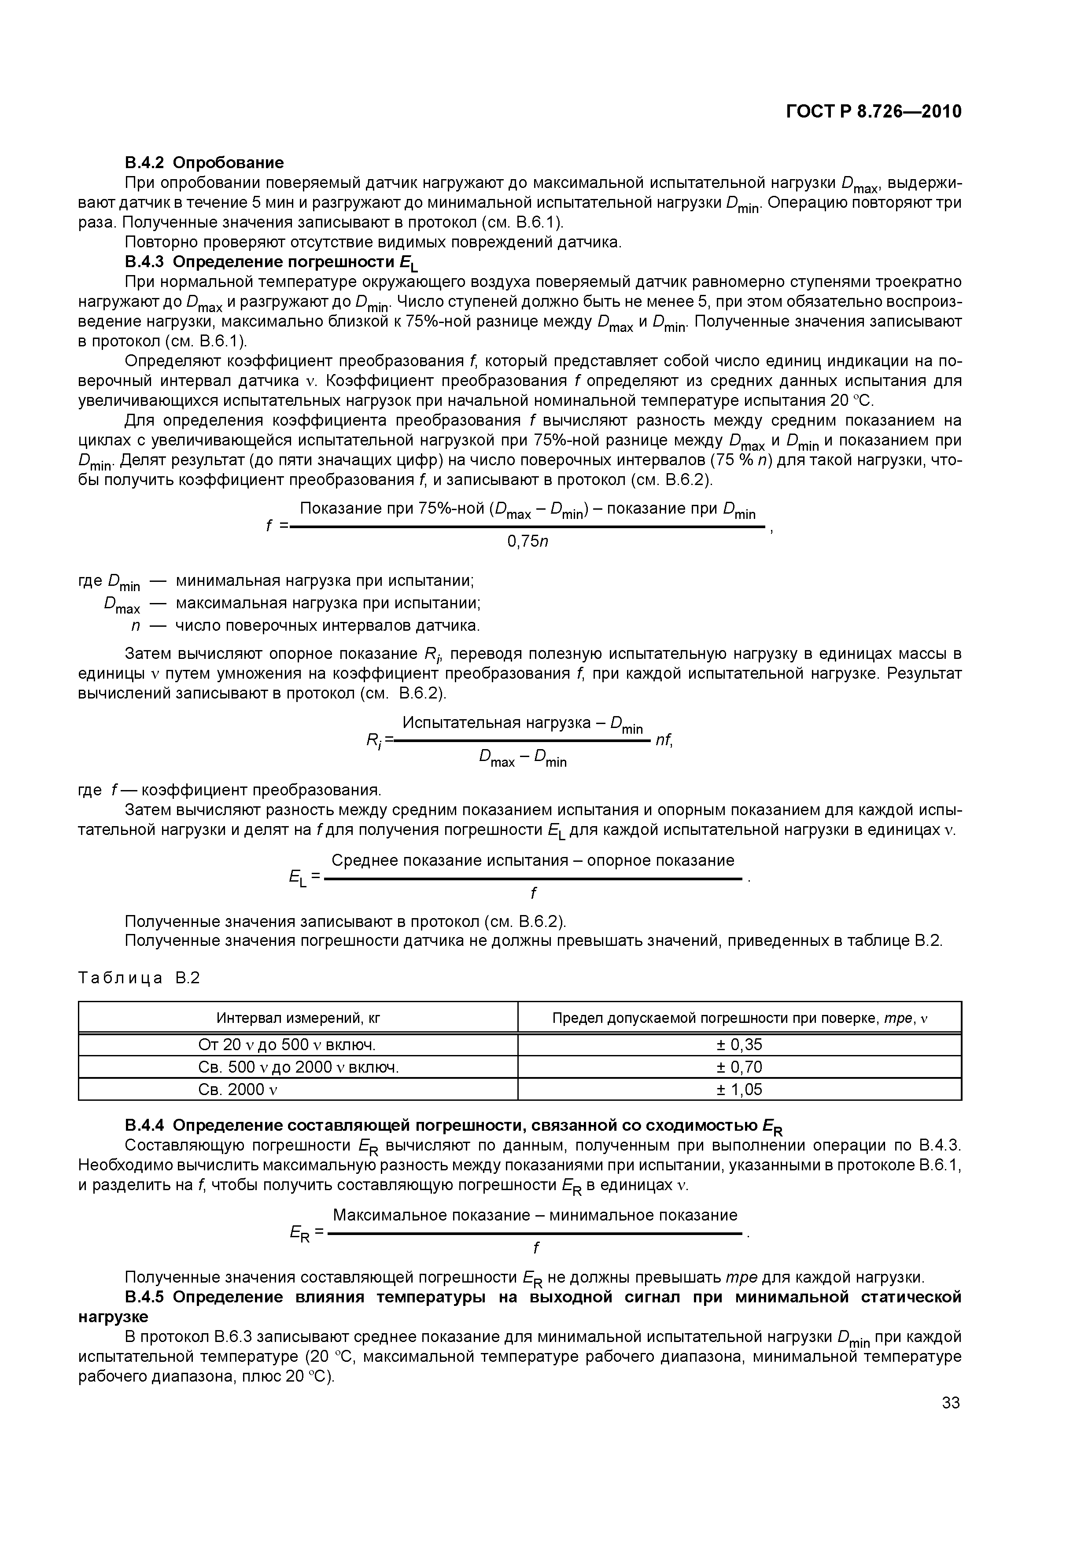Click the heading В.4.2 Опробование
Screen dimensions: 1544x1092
pyautogui.click(x=204, y=163)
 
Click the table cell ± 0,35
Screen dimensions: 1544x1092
pyautogui.click(x=739, y=1044)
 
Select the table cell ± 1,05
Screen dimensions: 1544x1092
pyautogui.click(x=739, y=1089)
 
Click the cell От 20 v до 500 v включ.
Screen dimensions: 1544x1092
pyautogui.click(x=287, y=1044)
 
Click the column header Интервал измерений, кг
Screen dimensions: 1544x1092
pyautogui.click(x=298, y=1018)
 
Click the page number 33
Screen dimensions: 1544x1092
pyautogui.click(x=950, y=1403)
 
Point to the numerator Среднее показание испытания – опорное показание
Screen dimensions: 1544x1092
pyautogui.click(x=533, y=861)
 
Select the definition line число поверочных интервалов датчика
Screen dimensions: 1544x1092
pyautogui.click(x=328, y=626)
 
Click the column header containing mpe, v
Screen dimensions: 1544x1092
pyautogui.click(x=739, y=1018)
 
